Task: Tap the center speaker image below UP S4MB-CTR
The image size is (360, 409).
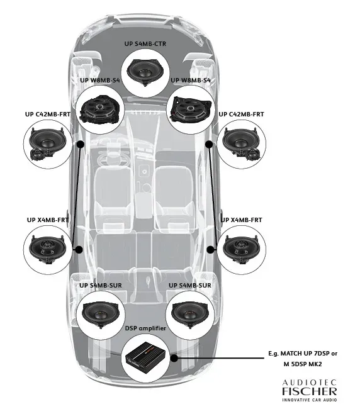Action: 149,72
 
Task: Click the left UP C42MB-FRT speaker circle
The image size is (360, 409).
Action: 47,146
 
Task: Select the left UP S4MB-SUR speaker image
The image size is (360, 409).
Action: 101,313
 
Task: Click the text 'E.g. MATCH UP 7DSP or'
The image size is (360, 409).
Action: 302,354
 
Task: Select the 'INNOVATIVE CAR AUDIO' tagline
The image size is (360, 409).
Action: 309,400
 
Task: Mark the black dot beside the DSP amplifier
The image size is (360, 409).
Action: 174,359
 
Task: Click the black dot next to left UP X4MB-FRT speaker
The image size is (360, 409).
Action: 79,250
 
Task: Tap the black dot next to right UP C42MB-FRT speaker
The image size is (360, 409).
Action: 210,144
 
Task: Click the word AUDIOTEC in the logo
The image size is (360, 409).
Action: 309,381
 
